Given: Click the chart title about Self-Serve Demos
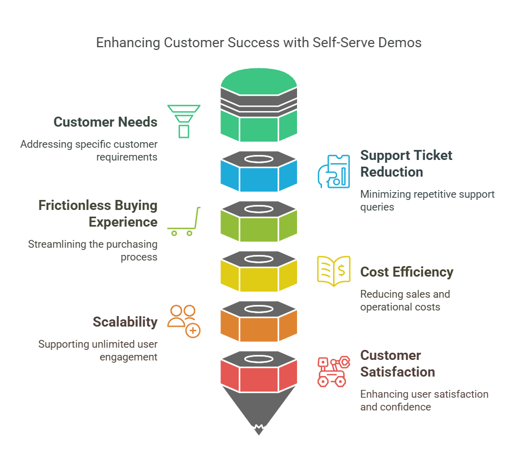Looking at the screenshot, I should pos(259,43).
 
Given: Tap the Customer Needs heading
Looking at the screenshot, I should pos(105,122).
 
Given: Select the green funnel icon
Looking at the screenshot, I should pos(184,121).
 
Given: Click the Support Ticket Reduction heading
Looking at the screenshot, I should pos(406,163).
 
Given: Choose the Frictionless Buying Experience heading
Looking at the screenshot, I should pos(98,213).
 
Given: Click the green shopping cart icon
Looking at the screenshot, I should pos(184,222).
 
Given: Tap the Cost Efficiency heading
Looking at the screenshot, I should pos(406,272).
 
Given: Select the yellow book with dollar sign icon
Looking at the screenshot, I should pos(333,271).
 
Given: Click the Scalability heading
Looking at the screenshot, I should pos(125,322).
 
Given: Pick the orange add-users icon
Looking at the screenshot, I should pos(184,320).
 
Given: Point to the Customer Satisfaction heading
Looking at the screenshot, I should pos(398,363).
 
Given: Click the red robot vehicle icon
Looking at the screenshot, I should pos(333,371).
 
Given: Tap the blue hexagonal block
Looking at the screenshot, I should pos(259,176).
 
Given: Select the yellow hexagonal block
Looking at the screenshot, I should pos(259,276).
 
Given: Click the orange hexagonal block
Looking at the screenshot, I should pos(259,326).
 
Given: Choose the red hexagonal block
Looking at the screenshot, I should pos(259,376).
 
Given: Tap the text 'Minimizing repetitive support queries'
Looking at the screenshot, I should pos(427,201).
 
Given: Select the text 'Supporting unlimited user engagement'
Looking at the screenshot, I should pos(98,350).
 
